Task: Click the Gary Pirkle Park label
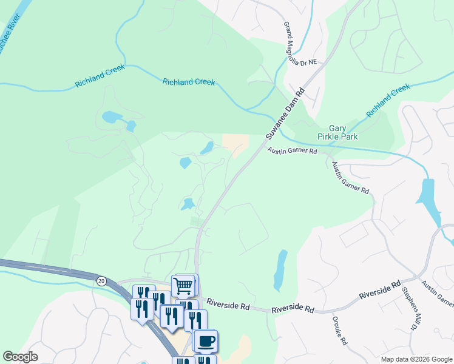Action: [x=343, y=132]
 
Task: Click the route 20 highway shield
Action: [x=101, y=280]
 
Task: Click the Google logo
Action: [x=20, y=356]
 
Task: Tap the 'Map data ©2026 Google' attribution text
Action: [x=416, y=359]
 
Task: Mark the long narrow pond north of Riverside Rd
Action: [x=280, y=269]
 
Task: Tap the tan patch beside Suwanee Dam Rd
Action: [x=236, y=145]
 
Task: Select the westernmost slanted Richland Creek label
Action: [x=100, y=76]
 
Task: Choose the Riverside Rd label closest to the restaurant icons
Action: [x=228, y=303]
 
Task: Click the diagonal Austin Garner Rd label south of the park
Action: [x=350, y=178]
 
